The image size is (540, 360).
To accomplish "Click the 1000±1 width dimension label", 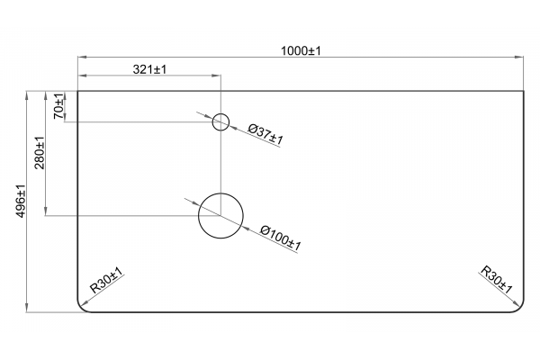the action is point(301,51).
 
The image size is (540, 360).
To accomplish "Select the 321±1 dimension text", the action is point(149,69).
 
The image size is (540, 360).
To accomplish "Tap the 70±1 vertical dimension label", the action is point(58,106).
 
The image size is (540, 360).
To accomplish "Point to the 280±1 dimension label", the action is point(40,153).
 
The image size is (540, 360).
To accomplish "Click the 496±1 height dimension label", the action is point(21,202).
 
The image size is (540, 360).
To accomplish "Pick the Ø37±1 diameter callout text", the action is point(265,134).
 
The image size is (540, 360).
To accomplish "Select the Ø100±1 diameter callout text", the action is point(281,238).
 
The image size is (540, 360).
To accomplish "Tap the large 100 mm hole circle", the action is point(220,193).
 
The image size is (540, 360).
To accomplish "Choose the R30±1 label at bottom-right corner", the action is point(496,279).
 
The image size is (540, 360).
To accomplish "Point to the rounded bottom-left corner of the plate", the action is point(81,309).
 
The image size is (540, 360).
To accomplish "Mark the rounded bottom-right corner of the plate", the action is point(519,309).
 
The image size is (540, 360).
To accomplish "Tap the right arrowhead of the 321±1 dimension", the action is point(216,76).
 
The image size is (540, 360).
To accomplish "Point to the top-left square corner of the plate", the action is point(77,91).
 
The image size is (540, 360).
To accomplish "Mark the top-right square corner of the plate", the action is point(524,91).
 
